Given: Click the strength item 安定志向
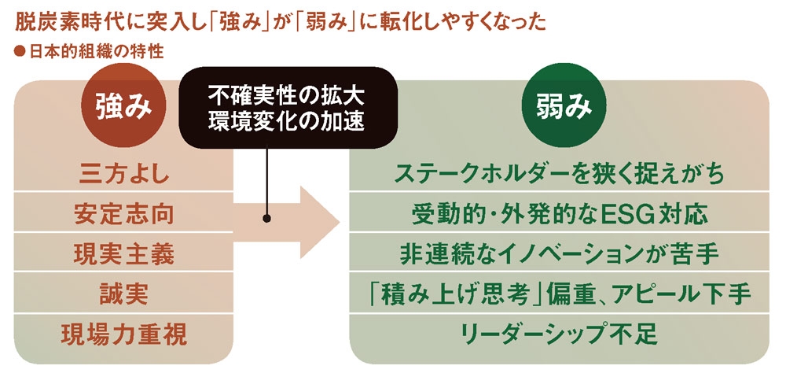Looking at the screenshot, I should pos(124,213).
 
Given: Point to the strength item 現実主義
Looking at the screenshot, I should pos(124,254).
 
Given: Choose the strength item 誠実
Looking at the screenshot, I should pos(124,294).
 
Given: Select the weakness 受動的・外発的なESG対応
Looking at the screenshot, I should pos(560,213).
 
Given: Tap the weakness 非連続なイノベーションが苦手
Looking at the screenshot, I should pos(560,254).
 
